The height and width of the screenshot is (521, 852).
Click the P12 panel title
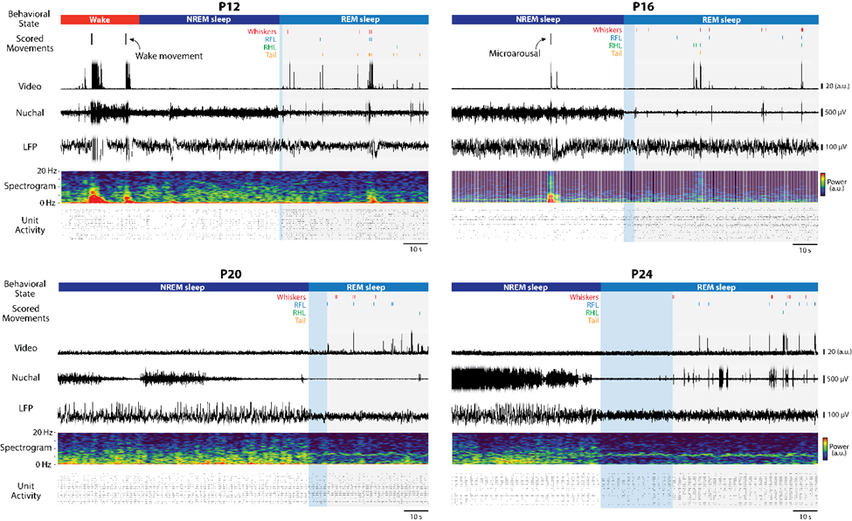[243, 7]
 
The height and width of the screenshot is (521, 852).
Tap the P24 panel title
[643, 274]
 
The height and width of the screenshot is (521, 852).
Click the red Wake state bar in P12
[100, 19]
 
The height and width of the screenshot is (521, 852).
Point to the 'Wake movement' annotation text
[169, 56]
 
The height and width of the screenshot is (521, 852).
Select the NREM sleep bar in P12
[209, 19]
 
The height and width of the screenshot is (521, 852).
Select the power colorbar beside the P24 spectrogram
[825, 448]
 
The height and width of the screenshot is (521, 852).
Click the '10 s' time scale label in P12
[416, 251]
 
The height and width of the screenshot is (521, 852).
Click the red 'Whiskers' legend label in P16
[607, 30]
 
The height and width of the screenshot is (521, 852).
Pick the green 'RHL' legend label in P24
[592, 312]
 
